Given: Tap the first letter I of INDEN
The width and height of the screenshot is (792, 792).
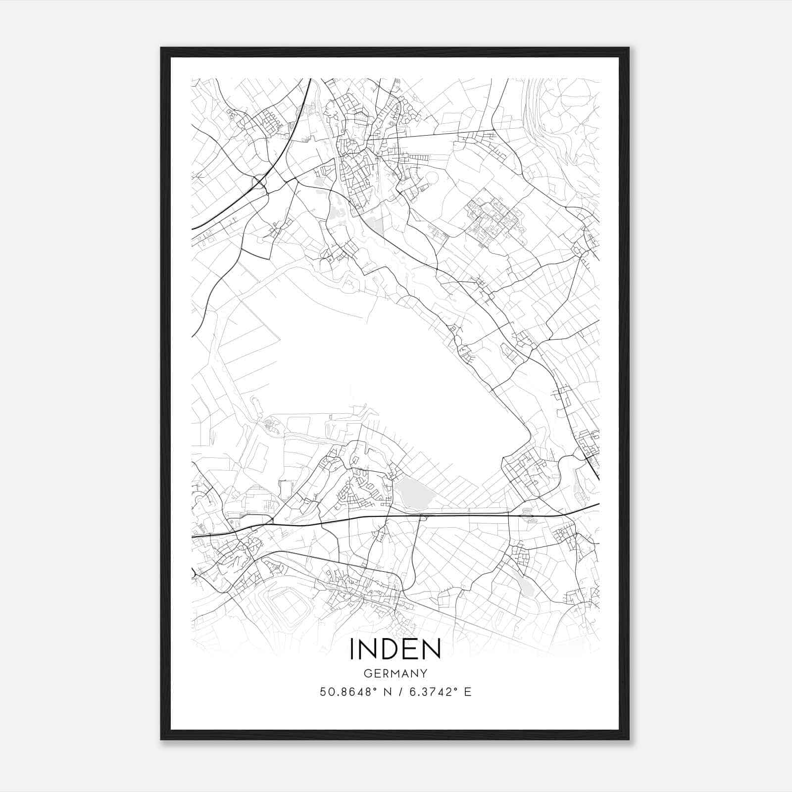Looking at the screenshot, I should [x=352, y=649].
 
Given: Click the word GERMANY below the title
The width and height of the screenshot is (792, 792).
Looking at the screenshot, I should [x=396, y=673].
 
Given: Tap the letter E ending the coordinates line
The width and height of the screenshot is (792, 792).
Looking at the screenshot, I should [x=467, y=692].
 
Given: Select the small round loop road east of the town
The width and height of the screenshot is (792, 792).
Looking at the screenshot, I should [x=431, y=177].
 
